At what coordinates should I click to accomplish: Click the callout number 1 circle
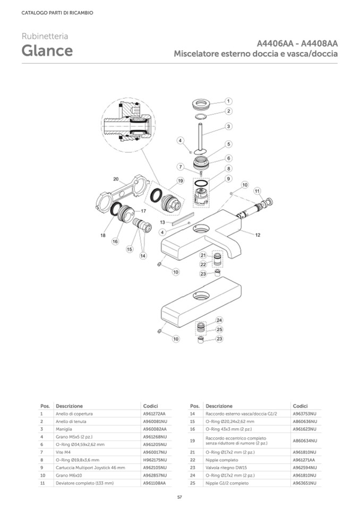point(228,101)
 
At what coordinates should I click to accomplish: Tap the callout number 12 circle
point(258,234)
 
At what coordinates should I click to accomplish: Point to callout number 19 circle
point(181,181)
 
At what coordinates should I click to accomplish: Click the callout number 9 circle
point(228,179)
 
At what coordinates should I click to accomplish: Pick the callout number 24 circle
point(219,320)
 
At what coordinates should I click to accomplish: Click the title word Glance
point(47,51)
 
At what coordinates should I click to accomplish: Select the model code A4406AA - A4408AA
point(297,44)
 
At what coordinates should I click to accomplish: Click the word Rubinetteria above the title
point(45,36)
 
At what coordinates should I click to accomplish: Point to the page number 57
point(180,496)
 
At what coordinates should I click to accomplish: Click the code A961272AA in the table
point(154,413)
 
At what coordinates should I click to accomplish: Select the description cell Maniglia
point(64,429)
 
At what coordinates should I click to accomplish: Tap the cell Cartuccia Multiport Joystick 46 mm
point(90,468)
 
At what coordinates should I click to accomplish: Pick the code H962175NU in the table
point(155,460)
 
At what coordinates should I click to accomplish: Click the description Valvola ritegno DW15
point(228,468)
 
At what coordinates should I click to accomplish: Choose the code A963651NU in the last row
point(304,483)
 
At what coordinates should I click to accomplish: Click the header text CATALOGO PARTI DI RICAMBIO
point(57,13)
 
